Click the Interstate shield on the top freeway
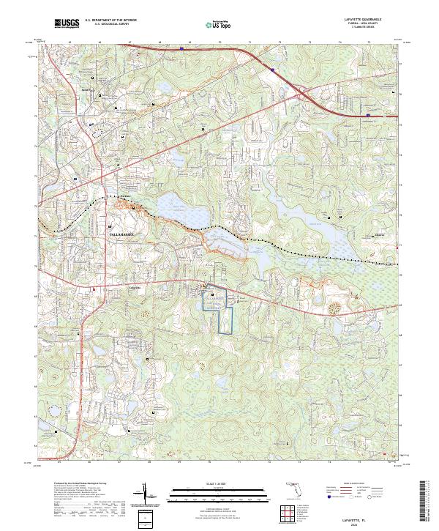tap(272, 71)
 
